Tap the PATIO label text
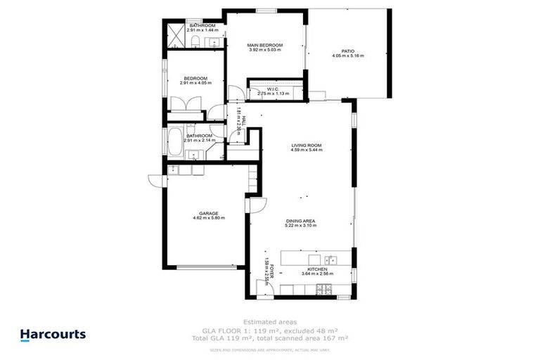[348, 51]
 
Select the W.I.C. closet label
[274, 89]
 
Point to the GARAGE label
[207, 213]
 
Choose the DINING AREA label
[300, 221]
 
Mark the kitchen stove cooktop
[324, 289]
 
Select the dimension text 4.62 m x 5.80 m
[207, 218]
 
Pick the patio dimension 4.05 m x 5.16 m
[348, 56]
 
